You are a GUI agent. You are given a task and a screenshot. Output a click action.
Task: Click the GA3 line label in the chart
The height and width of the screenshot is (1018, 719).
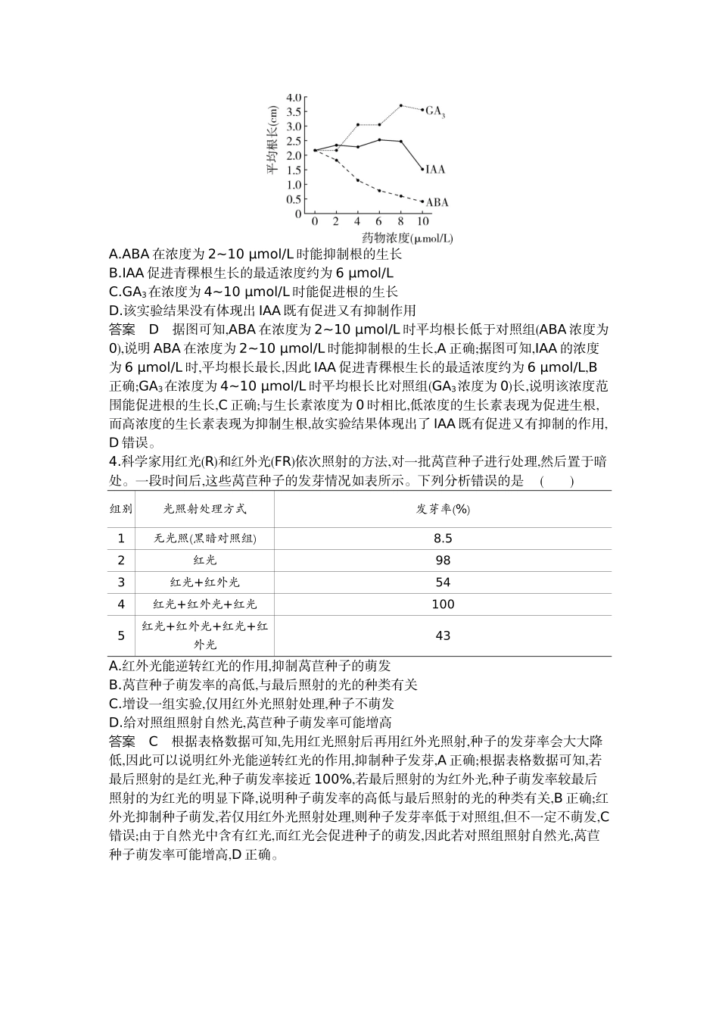[x=434, y=111]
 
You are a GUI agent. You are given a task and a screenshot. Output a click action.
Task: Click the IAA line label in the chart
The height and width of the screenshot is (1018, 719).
[x=435, y=170]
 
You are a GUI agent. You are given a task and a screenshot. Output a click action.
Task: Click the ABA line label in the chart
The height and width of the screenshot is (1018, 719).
[x=437, y=202]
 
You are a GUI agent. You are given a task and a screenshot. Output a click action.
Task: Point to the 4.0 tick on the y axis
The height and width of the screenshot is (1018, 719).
[x=294, y=98]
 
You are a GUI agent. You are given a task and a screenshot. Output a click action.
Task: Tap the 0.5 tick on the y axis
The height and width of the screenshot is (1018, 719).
[x=294, y=199]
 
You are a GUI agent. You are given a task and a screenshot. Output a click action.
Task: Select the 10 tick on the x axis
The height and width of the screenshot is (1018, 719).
[x=422, y=222]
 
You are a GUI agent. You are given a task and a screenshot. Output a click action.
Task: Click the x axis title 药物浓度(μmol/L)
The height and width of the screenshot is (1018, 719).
[x=406, y=238]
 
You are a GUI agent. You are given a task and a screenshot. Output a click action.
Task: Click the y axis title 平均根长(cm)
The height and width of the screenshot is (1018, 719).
[x=272, y=140]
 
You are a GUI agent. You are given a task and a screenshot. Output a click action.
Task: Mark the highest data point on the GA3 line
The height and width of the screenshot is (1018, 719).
[x=401, y=105]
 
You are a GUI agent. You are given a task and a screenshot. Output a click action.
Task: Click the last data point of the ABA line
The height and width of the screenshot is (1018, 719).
[x=422, y=201]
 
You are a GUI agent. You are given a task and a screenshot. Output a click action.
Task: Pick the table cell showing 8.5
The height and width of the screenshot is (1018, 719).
[x=443, y=539]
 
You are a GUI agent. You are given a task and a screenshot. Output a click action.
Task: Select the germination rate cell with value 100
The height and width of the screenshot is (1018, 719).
[x=443, y=604]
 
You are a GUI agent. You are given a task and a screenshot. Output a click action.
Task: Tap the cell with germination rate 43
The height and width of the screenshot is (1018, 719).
[x=443, y=635]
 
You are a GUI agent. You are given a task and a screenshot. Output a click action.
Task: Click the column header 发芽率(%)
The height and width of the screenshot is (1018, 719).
[x=443, y=509]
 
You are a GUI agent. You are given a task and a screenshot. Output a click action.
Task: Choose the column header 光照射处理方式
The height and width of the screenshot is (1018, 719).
[x=205, y=509]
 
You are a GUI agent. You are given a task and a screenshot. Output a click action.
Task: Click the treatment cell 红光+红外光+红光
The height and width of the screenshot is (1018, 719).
[x=205, y=604]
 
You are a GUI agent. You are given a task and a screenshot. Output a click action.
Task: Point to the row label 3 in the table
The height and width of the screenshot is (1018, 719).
[x=121, y=582]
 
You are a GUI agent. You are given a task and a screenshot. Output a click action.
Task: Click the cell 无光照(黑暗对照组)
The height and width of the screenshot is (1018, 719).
[x=205, y=539]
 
